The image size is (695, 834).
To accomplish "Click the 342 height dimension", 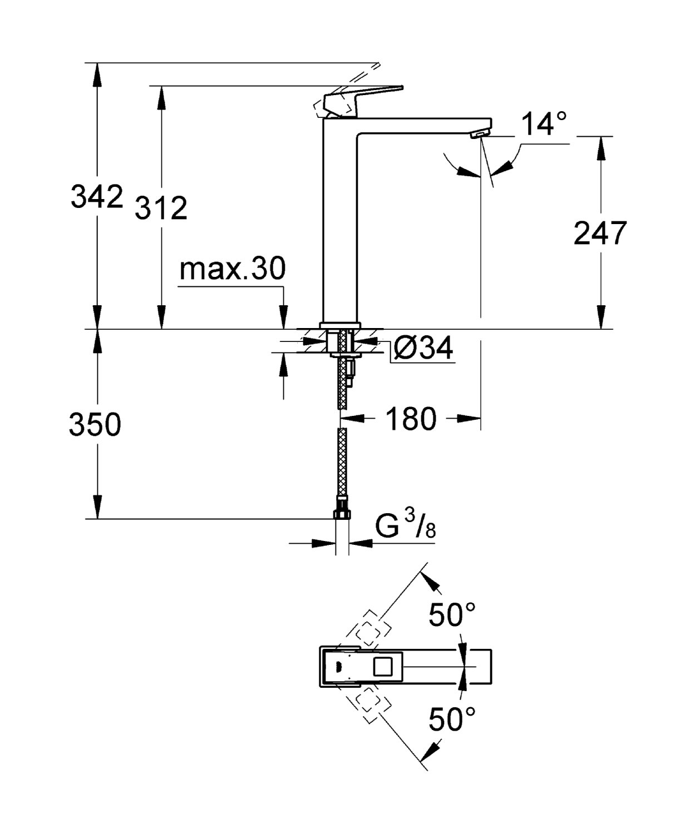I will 96,196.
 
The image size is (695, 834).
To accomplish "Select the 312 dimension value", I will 161,208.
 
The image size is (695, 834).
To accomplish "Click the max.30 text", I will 232,269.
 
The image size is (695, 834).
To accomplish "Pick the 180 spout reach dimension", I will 411,419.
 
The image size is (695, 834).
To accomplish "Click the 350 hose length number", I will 95,425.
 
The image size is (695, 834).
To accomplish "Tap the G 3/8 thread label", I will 405,525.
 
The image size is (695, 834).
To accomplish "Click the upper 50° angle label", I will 452,615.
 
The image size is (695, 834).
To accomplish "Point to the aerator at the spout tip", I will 479,134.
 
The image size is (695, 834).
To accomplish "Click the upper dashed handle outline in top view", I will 367,632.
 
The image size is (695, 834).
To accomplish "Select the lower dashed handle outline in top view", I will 367,702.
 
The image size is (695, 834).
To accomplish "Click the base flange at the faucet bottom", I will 340,325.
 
